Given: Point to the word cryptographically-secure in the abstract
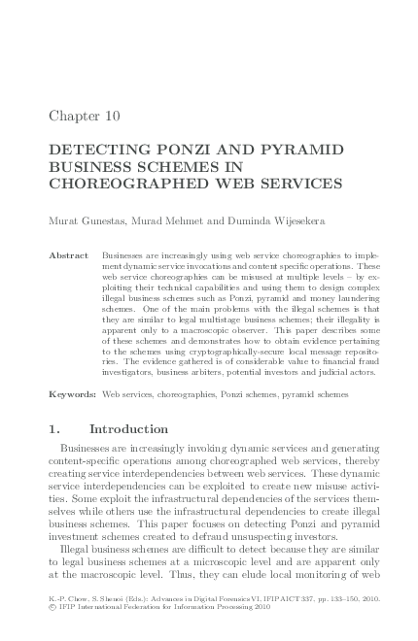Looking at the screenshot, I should point(215,348).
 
